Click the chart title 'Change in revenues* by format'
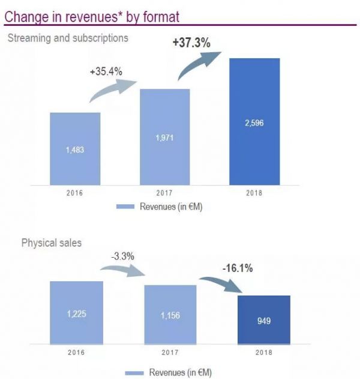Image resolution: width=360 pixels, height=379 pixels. [91, 16]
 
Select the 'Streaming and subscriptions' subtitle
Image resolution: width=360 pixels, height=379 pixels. [67, 38]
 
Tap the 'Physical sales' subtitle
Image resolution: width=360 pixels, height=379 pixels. [52, 243]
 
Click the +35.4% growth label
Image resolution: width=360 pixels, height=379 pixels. [106, 71]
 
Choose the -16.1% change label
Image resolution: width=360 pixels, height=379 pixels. [236, 268]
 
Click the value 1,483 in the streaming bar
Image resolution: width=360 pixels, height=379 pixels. [75, 149]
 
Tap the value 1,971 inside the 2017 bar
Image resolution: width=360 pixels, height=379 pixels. [164, 138]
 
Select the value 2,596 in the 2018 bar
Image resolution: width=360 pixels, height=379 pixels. [254, 123]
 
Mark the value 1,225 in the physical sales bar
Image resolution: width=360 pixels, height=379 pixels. [76, 313]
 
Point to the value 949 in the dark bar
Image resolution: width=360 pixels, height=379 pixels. [265, 321]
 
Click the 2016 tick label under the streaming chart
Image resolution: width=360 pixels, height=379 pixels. [75, 194]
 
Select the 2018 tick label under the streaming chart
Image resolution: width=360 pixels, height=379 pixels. [254, 194]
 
